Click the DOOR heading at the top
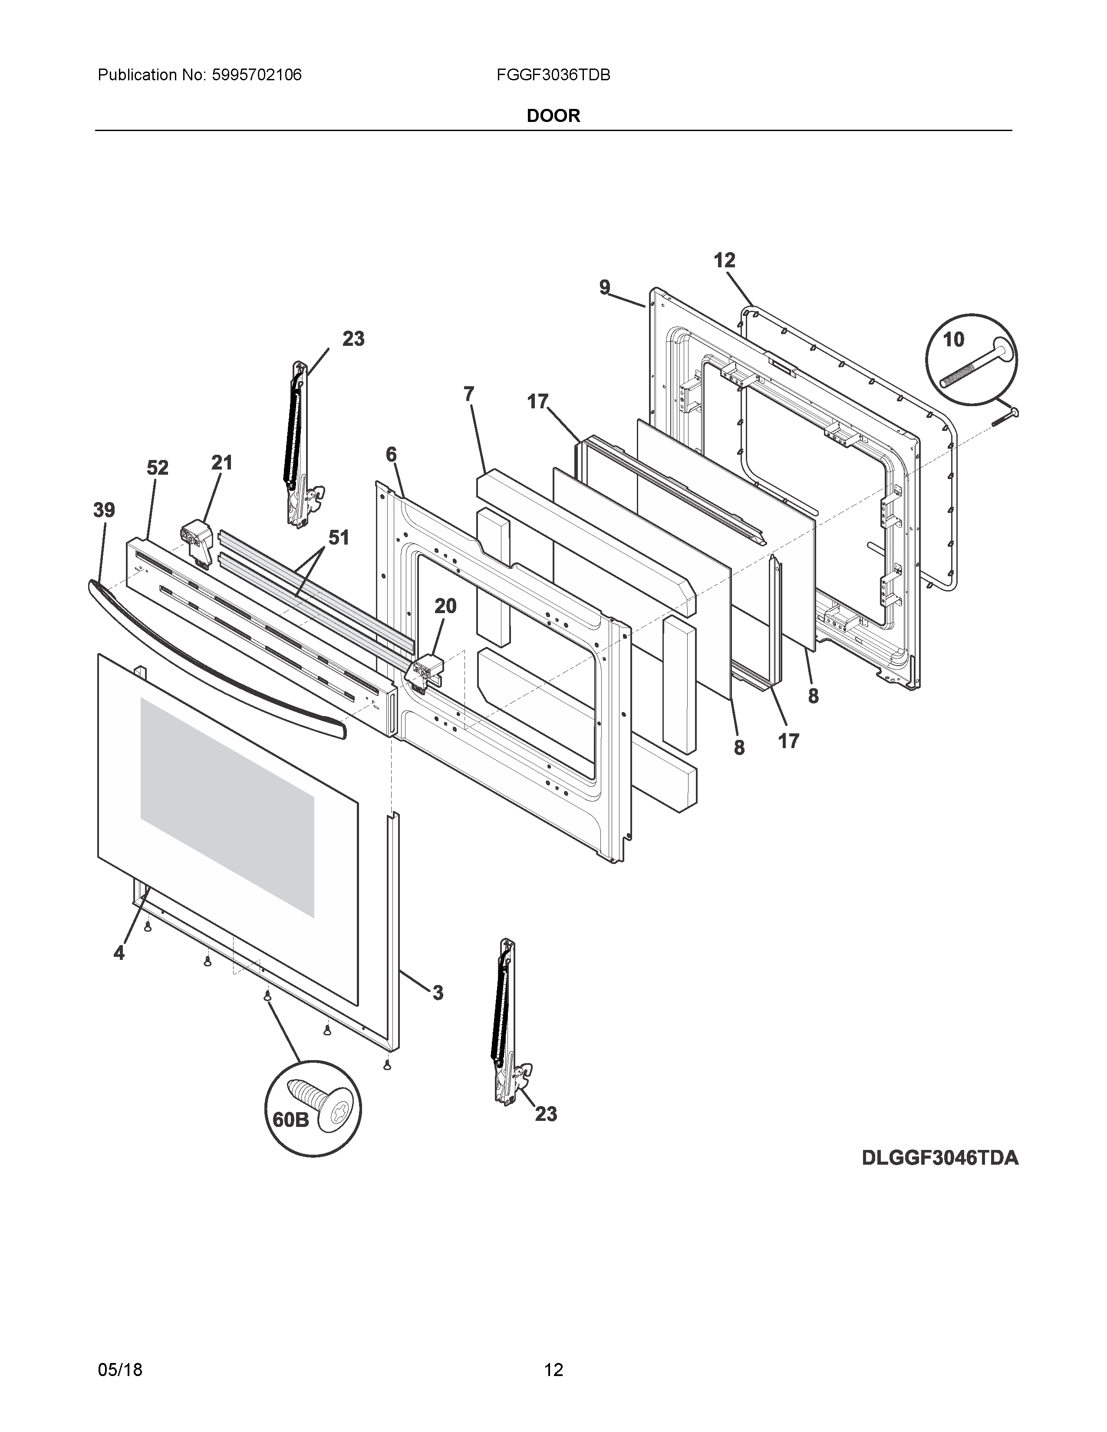click(553, 116)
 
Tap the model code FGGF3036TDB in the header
click(553, 76)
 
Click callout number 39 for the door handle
click(104, 510)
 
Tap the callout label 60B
click(290, 1119)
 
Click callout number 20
click(445, 607)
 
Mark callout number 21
click(222, 463)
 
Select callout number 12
click(724, 260)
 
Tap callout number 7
click(468, 394)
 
